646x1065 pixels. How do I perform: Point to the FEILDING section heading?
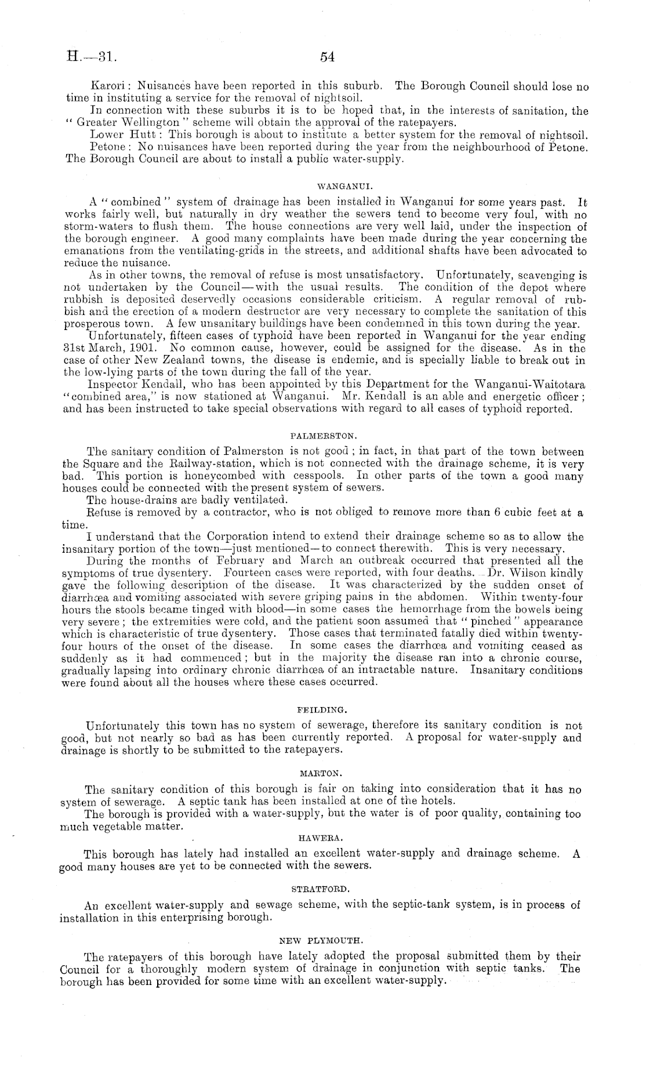coord(322,709)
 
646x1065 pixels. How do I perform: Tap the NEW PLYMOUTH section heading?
coord(322,939)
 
